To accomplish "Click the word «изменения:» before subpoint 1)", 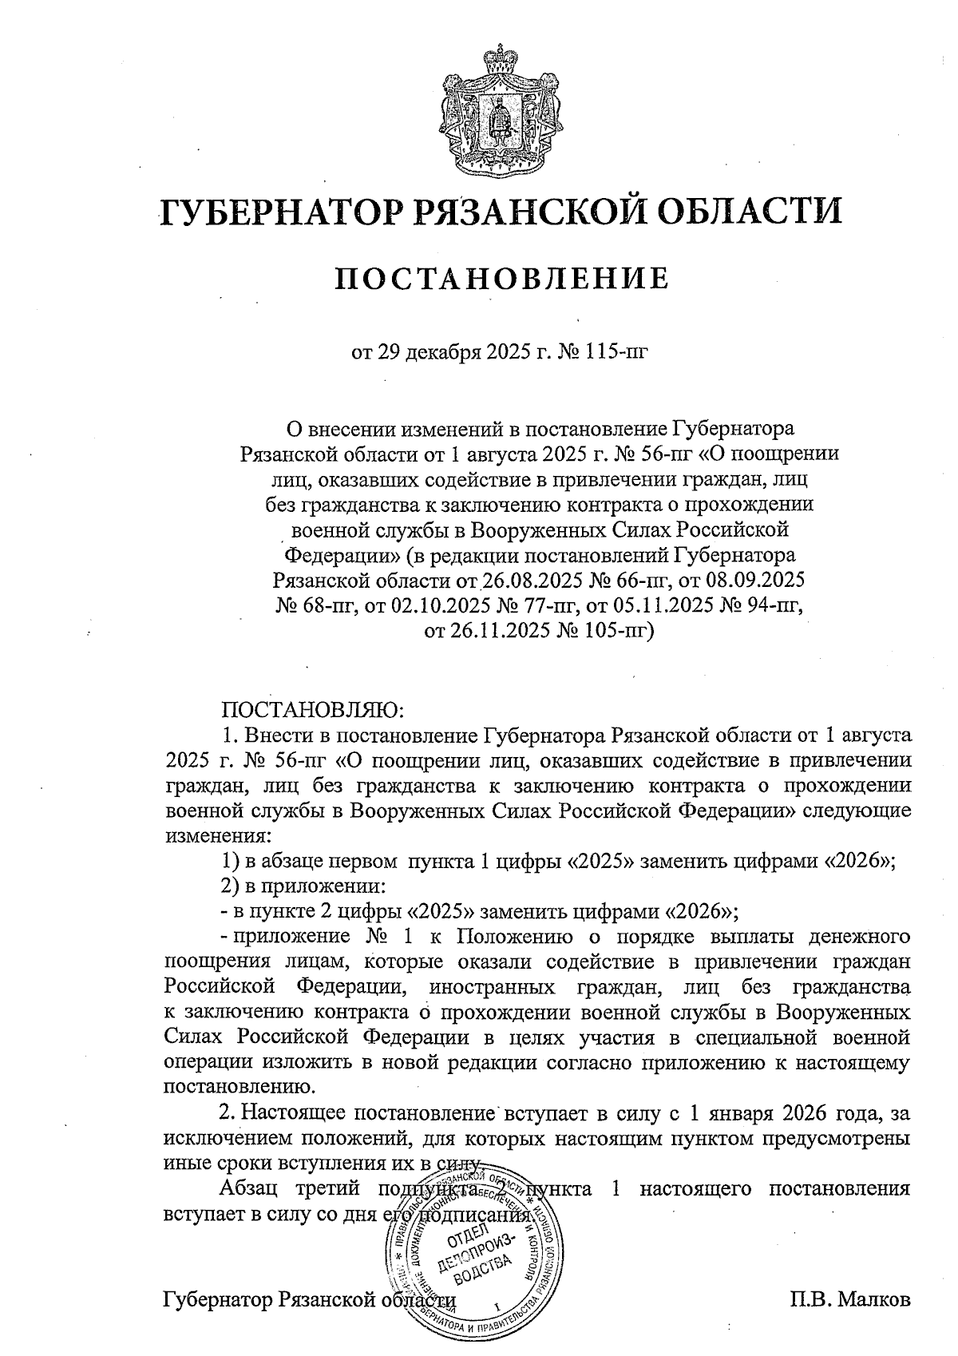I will tap(217, 836).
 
